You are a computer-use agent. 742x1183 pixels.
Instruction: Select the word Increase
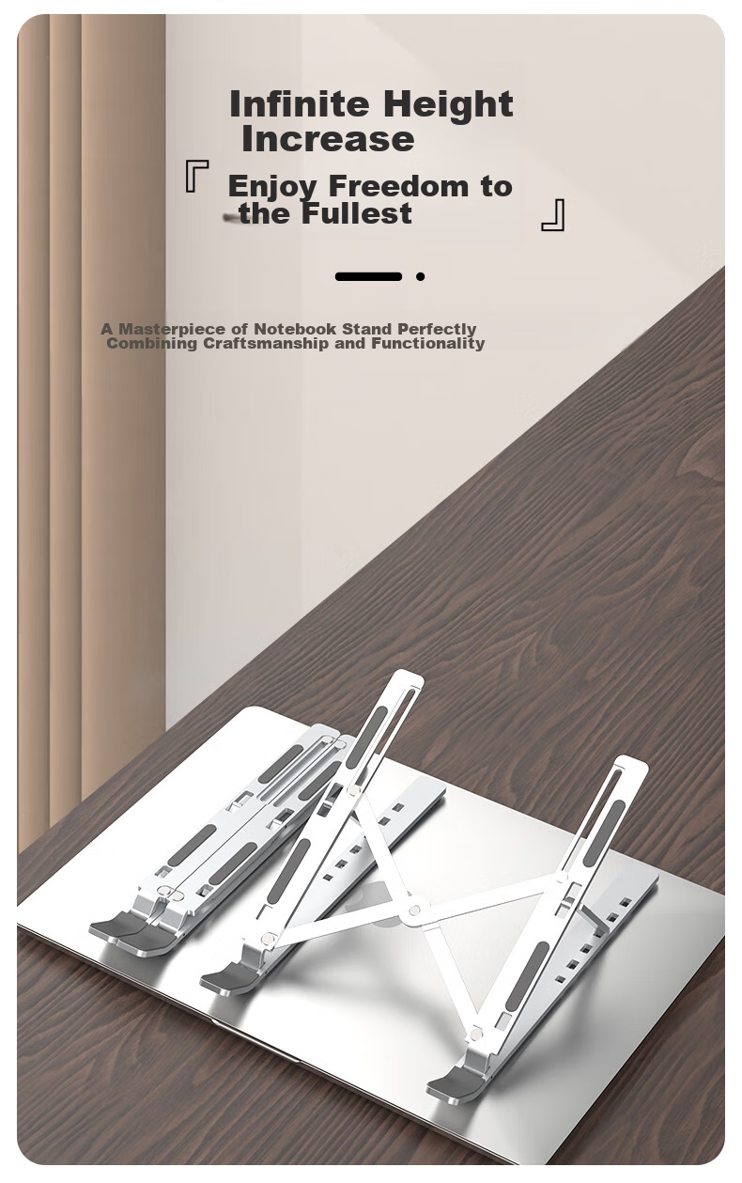[x=328, y=139]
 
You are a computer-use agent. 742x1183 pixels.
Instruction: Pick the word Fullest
[x=357, y=213]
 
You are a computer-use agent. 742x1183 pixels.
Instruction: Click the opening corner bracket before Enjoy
[x=197, y=176]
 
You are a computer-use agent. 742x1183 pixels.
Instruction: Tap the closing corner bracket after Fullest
[x=553, y=215]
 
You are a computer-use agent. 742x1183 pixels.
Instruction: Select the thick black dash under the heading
[x=368, y=276]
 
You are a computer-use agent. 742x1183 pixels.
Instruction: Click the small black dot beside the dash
[x=420, y=276]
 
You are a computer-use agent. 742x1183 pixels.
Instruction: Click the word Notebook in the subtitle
[x=295, y=329]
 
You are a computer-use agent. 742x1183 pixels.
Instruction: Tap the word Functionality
[x=427, y=344]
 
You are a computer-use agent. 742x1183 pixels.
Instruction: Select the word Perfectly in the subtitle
[x=437, y=330]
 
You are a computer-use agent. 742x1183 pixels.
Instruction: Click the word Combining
[x=151, y=344]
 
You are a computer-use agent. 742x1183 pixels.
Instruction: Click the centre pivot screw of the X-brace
[x=414, y=910]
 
